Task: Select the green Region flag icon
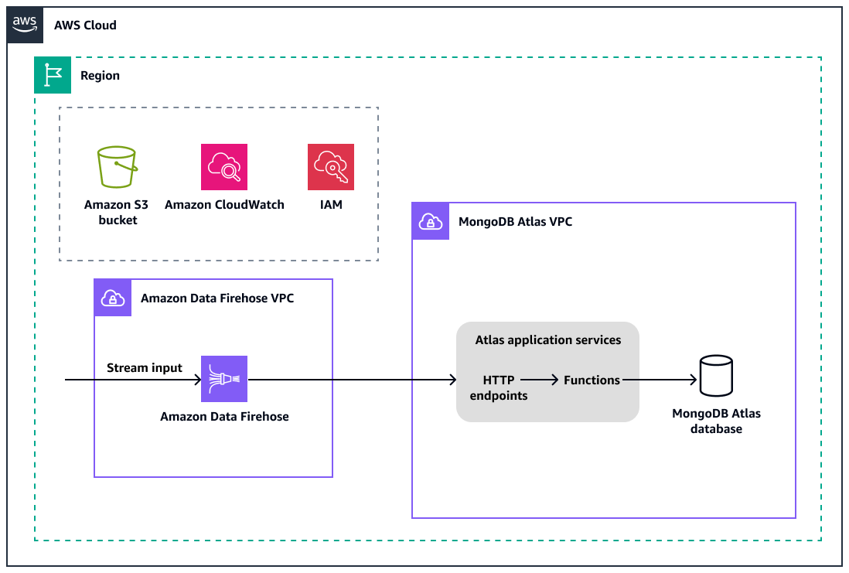[x=53, y=75]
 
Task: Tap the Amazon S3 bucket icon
[x=116, y=167]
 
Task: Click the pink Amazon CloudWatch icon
[x=224, y=167]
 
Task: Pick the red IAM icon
[x=331, y=167]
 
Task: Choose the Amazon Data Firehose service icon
[x=224, y=379]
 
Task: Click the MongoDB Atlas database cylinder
[x=715, y=377]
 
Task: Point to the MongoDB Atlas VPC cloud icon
[x=431, y=221]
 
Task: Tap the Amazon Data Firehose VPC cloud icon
[x=113, y=298]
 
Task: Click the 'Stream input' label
[x=145, y=367]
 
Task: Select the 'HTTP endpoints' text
[x=499, y=387]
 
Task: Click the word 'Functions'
[x=592, y=380]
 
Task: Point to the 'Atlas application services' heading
[x=547, y=339]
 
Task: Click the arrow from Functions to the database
[x=657, y=380]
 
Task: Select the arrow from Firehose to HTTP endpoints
[x=352, y=380]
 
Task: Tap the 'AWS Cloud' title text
[x=85, y=26]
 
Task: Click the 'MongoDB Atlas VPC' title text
[x=515, y=222]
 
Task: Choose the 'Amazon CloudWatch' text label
[x=224, y=205]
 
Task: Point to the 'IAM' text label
[x=331, y=205]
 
